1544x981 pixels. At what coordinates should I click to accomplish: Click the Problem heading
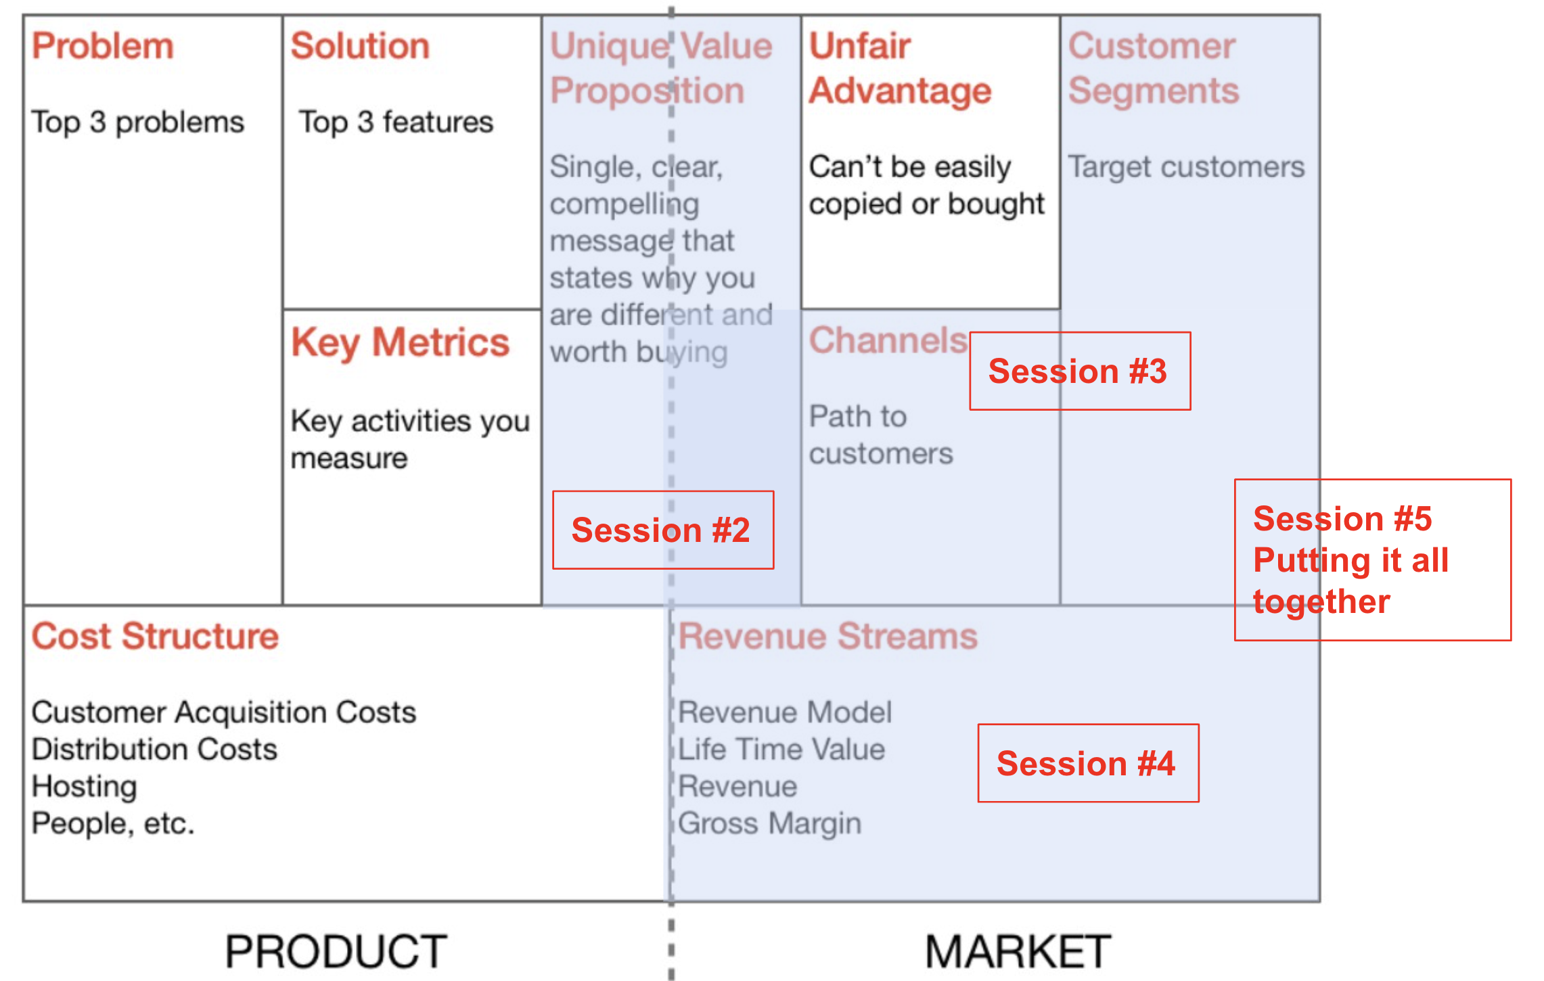[103, 46]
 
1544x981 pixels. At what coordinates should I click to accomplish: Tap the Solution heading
[360, 46]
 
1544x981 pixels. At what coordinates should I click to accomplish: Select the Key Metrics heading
[400, 342]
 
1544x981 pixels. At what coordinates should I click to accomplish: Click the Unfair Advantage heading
[901, 68]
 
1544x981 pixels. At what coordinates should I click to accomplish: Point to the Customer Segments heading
[1154, 68]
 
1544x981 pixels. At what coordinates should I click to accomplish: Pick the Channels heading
[888, 340]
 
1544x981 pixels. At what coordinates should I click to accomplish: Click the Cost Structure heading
[155, 636]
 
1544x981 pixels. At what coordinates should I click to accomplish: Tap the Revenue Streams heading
[828, 636]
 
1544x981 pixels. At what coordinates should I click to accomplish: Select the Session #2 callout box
[663, 530]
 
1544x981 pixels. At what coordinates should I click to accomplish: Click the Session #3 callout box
[1080, 371]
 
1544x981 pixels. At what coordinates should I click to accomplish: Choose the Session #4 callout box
[1088, 763]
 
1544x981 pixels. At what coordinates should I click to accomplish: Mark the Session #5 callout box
[1373, 560]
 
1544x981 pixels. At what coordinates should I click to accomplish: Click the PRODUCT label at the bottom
[336, 951]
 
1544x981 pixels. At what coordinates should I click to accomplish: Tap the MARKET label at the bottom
[1018, 951]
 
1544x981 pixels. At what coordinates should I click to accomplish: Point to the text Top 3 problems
[138, 122]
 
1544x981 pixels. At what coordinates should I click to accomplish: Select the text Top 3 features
[396, 122]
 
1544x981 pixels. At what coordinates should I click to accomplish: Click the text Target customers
[1186, 166]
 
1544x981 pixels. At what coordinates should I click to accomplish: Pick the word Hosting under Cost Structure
[85, 787]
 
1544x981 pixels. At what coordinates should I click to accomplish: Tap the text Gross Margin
[770, 824]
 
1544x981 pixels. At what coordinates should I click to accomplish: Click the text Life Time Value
[781, 750]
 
